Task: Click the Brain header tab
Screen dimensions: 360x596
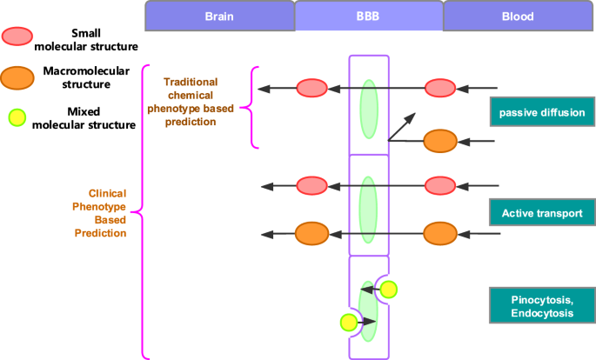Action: pyautogui.click(x=219, y=16)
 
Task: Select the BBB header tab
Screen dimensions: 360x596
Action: pyautogui.click(x=368, y=16)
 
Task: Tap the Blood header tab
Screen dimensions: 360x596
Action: pyautogui.click(x=519, y=16)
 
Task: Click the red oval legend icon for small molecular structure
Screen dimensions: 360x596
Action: pyautogui.click(x=18, y=37)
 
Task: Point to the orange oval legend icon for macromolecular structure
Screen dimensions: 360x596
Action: pyautogui.click(x=18, y=77)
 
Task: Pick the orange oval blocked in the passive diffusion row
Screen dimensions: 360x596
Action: pyautogui.click(x=439, y=141)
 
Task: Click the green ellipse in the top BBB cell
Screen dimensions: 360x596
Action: pyautogui.click(x=369, y=109)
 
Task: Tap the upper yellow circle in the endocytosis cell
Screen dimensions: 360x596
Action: pyautogui.click(x=388, y=290)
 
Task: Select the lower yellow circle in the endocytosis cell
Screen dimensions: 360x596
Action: pyautogui.click(x=349, y=323)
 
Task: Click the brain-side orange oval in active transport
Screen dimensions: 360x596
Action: pyautogui.click(x=311, y=234)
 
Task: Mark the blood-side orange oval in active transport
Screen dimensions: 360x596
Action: pyautogui.click(x=439, y=234)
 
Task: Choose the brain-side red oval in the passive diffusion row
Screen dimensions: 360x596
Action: pyautogui.click(x=311, y=88)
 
